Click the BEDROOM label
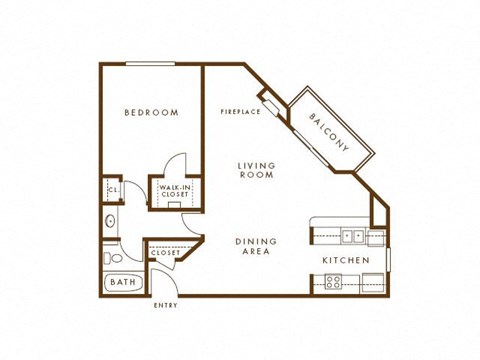[152, 113]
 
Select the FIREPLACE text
[241, 112]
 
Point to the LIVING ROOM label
[256, 170]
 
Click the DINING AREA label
[256, 247]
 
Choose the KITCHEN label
[346, 261]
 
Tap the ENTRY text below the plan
[166, 305]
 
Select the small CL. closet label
[113, 188]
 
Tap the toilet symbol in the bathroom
[110, 258]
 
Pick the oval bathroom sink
[110, 221]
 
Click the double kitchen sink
[352, 236]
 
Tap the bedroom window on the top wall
[151, 65]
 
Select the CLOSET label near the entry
[165, 253]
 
